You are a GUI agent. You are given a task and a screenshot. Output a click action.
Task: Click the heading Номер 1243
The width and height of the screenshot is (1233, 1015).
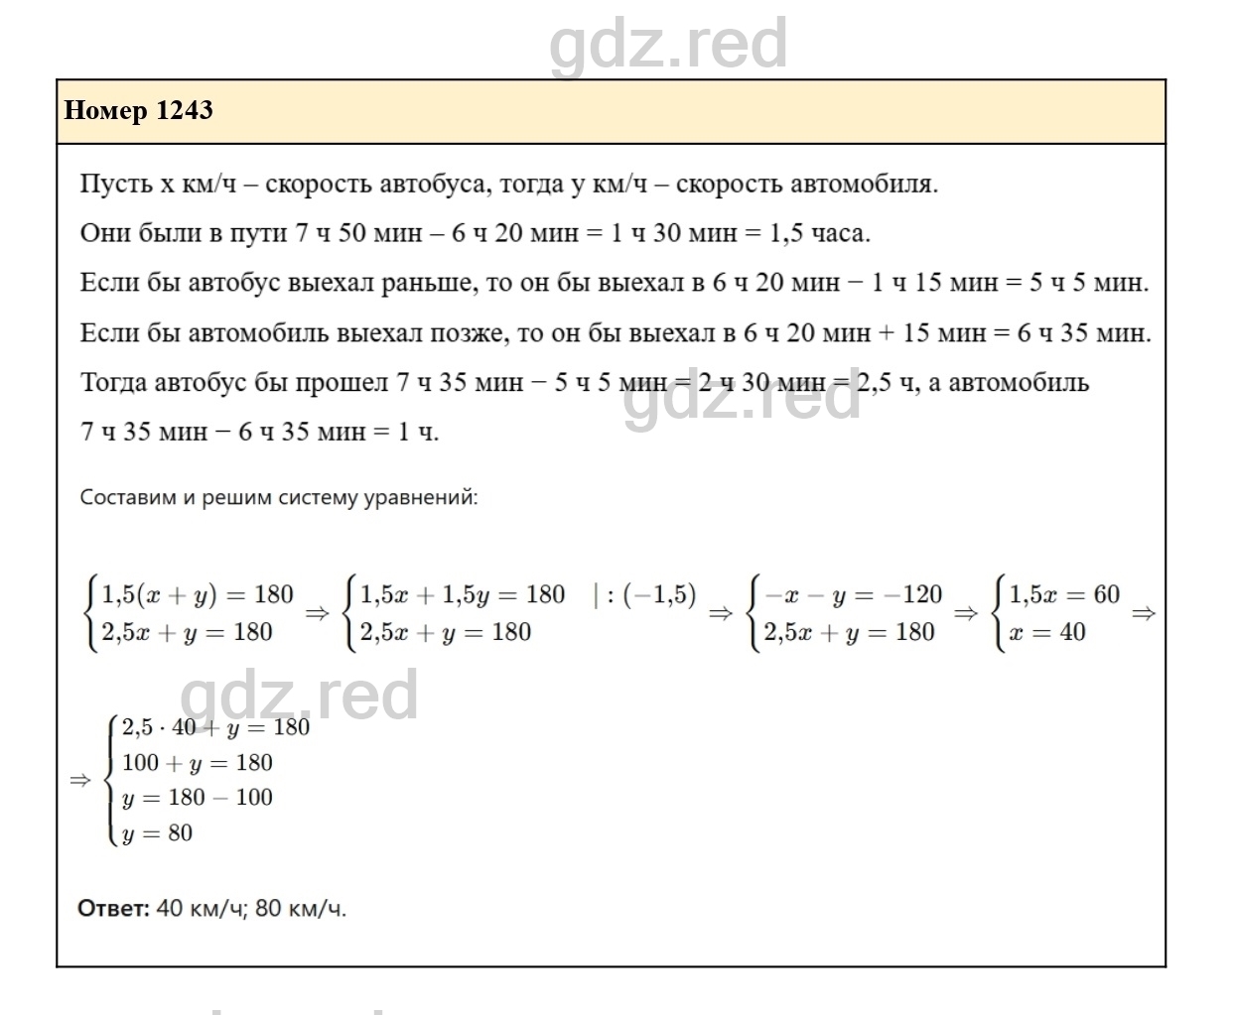pos(138,110)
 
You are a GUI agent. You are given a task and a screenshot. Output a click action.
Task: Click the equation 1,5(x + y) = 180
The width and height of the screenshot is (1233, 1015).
pos(198,594)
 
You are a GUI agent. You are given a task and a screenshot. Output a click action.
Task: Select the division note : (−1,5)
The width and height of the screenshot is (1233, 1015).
pos(644,594)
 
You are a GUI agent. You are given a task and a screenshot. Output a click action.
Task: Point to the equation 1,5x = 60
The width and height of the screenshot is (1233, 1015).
pos(1064,594)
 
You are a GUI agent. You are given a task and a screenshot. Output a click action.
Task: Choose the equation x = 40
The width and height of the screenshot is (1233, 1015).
pos(1047,632)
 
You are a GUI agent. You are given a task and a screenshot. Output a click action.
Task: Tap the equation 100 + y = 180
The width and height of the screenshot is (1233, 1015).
pos(198,763)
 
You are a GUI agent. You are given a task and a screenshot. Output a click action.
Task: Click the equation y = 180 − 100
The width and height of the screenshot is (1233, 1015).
pos(198,798)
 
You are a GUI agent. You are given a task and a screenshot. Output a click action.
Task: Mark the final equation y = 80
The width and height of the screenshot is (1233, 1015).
pos(158,833)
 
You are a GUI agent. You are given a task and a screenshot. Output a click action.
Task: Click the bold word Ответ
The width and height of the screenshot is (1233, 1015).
pos(113,908)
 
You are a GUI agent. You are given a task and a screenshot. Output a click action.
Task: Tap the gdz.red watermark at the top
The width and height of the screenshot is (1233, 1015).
pos(668,44)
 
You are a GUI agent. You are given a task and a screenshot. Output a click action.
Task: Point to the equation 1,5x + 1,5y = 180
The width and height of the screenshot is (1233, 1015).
pos(462,594)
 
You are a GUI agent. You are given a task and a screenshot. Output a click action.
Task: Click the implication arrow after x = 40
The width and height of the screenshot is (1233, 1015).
pos(1144,613)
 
